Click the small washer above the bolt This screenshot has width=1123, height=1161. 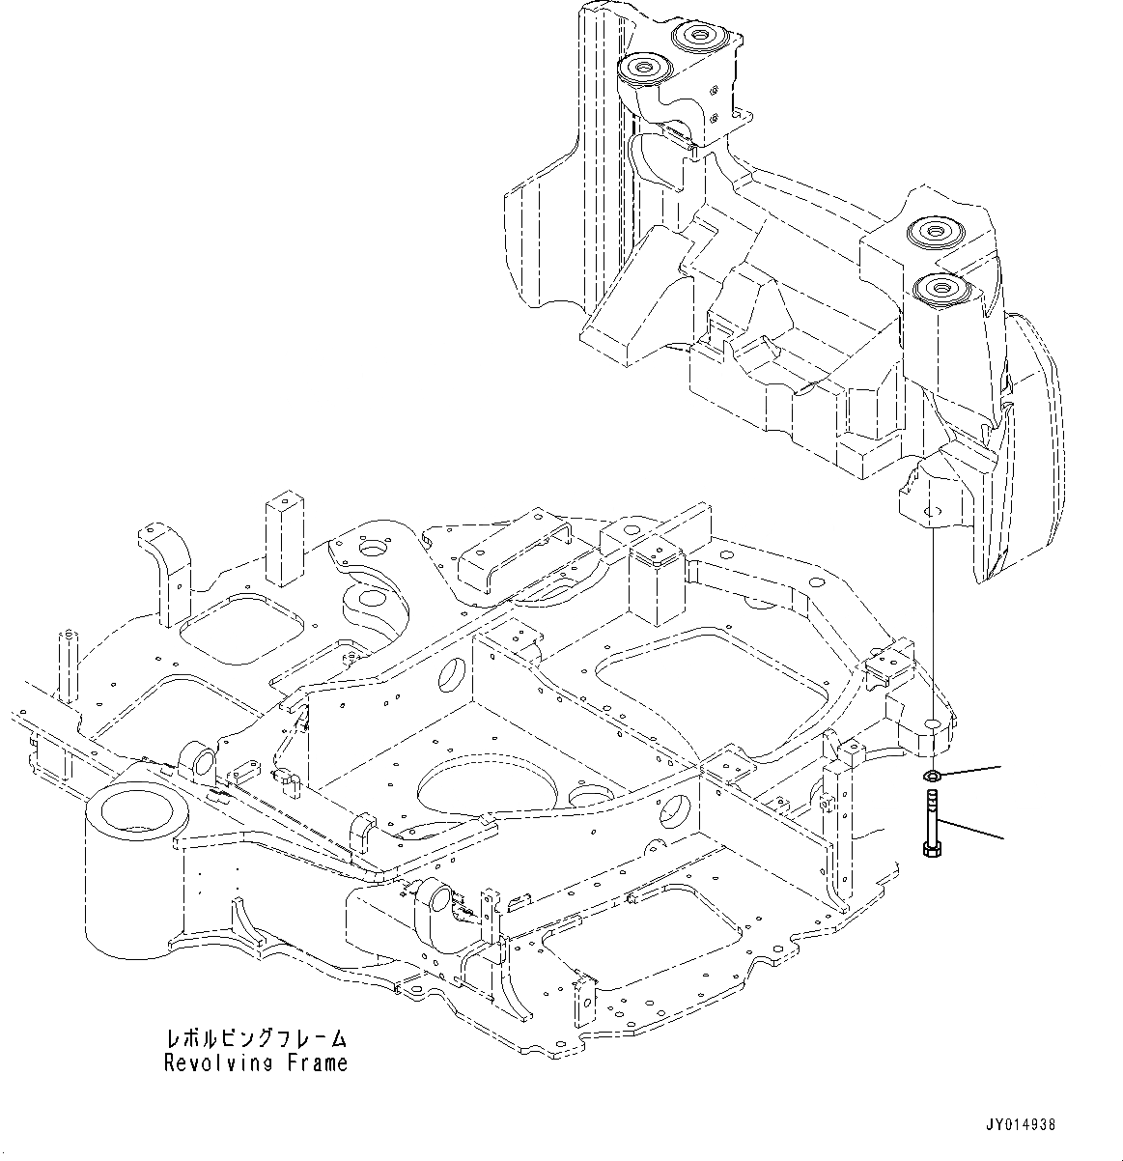[932, 775]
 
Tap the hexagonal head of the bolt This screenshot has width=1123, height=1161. [932, 849]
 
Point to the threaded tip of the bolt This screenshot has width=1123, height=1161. [932, 797]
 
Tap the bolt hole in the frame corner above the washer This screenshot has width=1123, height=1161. [933, 722]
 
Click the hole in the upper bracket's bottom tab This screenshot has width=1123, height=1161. [931, 510]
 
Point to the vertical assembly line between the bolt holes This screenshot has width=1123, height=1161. [933, 618]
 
